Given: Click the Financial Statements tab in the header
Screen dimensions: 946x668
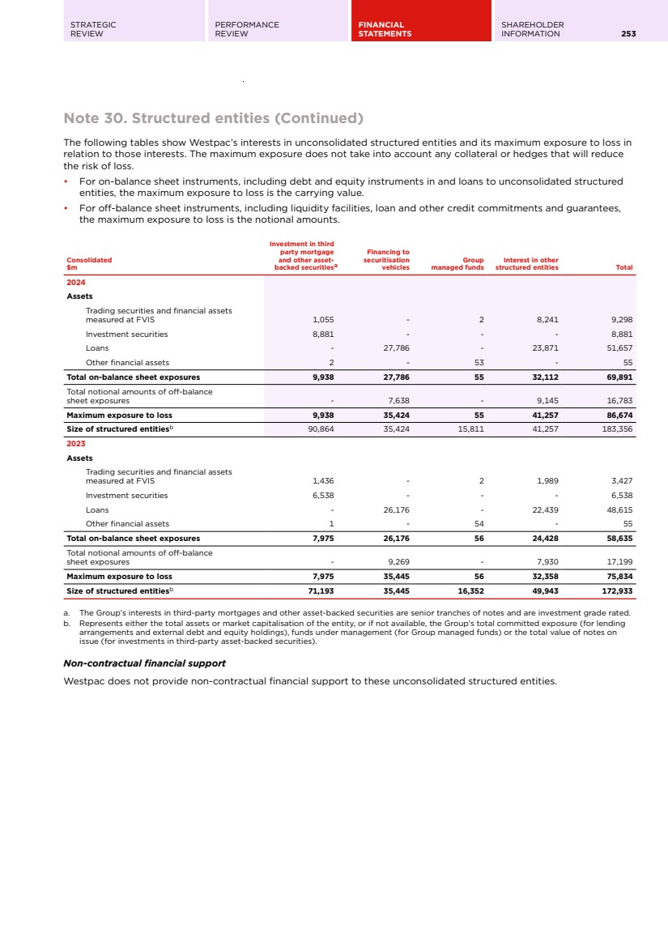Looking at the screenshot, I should [x=385, y=29].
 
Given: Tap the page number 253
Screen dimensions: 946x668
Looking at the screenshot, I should [x=628, y=34].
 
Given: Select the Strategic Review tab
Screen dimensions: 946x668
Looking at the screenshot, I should [x=93, y=29].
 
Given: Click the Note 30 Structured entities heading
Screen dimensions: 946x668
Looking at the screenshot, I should [x=214, y=118].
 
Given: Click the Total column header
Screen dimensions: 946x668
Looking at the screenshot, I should [x=623, y=267].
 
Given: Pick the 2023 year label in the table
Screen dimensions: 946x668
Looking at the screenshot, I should [x=76, y=444].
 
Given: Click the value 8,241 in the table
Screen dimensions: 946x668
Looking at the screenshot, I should [x=547, y=320].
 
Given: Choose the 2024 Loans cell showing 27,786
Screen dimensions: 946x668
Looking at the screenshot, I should [x=396, y=348].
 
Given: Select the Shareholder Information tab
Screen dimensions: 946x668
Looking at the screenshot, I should [x=533, y=29].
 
